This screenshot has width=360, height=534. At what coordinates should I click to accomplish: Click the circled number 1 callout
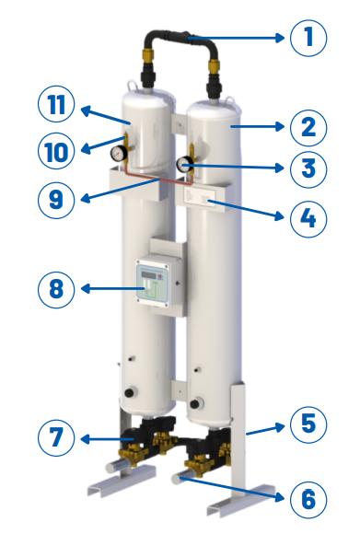[308, 38]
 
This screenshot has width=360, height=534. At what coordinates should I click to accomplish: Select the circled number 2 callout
[308, 127]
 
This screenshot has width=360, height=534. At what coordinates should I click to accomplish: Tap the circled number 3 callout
[308, 168]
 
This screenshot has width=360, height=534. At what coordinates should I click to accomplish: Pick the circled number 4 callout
[308, 218]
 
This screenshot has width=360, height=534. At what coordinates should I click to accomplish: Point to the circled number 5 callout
[308, 424]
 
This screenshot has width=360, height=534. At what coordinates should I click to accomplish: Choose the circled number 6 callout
[308, 500]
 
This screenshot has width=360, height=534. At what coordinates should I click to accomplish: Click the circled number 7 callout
[56, 438]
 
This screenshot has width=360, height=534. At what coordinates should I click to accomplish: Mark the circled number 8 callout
[56, 289]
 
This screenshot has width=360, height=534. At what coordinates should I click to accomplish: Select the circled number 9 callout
[56, 200]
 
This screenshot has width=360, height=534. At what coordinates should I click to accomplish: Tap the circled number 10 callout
[56, 151]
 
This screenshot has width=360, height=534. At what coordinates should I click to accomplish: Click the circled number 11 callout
[56, 104]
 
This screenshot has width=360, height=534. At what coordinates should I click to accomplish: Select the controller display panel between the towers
[153, 284]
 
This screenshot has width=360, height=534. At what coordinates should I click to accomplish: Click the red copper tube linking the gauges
[157, 177]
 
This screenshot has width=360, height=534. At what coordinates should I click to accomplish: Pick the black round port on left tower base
[130, 392]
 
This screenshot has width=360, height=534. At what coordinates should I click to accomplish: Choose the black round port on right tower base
[195, 404]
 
